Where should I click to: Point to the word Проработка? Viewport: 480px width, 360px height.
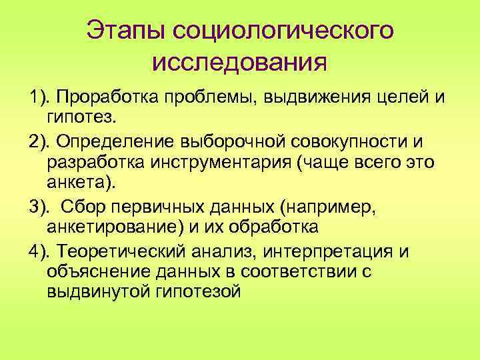click(101, 100)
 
